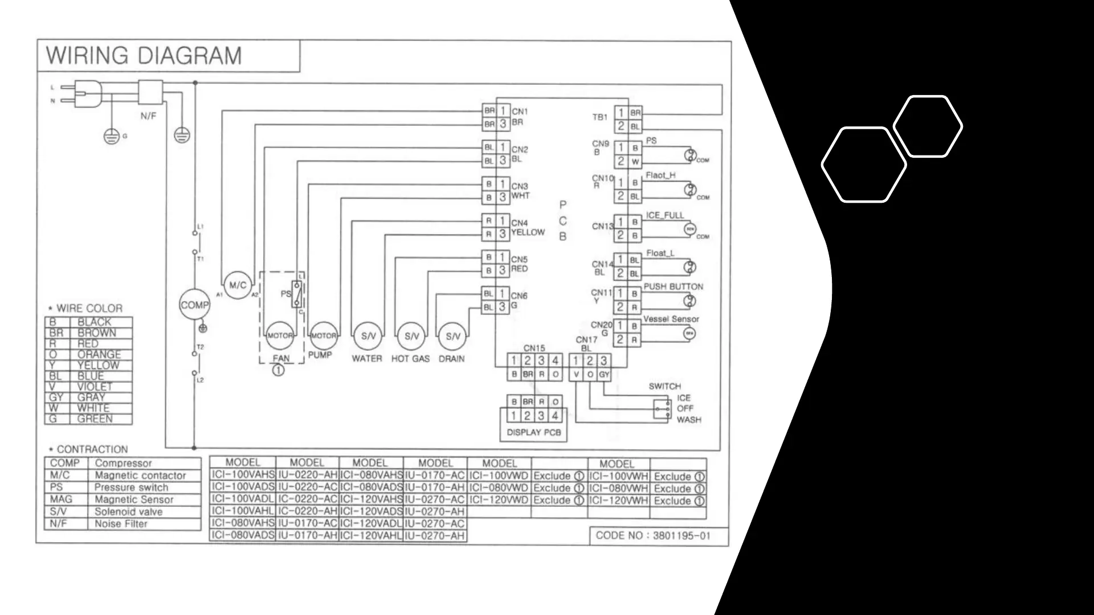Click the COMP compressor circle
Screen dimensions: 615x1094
point(194,305)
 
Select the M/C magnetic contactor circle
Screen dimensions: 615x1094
point(238,285)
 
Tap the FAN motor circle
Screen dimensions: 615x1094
point(280,335)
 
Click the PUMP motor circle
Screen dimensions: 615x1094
point(323,335)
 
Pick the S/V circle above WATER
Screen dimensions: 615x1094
point(368,336)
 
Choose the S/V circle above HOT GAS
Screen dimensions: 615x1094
point(411,336)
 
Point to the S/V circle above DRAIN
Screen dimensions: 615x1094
point(452,336)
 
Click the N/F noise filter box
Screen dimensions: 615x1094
point(151,92)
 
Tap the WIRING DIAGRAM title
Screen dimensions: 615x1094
point(144,56)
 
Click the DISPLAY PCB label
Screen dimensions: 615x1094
point(534,432)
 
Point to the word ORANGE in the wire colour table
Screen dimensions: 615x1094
point(99,354)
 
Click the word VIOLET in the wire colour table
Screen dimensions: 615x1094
point(95,387)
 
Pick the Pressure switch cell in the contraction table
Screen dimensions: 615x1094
point(132,487)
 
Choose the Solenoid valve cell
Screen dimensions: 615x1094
point(129,511)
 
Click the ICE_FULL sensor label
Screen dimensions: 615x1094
point(665,215)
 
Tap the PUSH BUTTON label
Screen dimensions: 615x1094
point(673,286)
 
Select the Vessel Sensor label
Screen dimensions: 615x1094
point(671,319)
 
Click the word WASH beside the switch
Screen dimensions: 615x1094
point(689,420)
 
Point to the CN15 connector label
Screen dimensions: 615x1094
point(534,347)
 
